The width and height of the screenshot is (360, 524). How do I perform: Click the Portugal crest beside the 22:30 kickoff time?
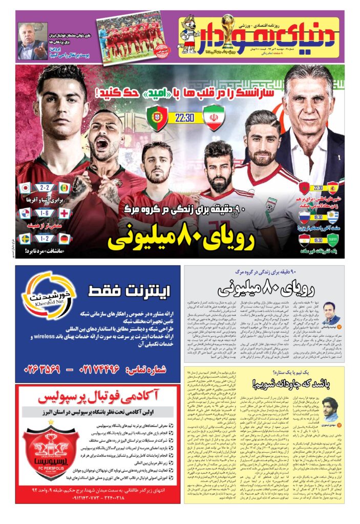point(156,118)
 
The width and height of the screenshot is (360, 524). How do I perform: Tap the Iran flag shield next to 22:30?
point(213,118)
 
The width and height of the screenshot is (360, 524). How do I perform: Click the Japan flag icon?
point(24,188)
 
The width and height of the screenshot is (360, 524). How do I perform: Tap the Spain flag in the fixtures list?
point(333,187)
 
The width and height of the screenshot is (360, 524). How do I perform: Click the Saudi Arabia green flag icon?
point(333,238)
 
